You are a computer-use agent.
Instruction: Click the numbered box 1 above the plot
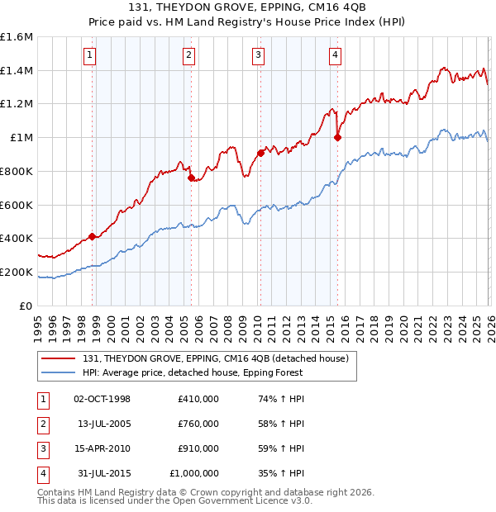pos(88,55)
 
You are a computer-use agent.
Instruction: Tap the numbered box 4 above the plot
pos(335,55)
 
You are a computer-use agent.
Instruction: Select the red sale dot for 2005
pos(191,178)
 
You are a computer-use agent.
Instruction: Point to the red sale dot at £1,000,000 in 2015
pos(337,138)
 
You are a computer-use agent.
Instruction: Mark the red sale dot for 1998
pos(92,236)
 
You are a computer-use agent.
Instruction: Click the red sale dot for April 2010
pos(260,153)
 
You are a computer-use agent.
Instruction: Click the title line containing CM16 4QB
pos(248,8)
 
